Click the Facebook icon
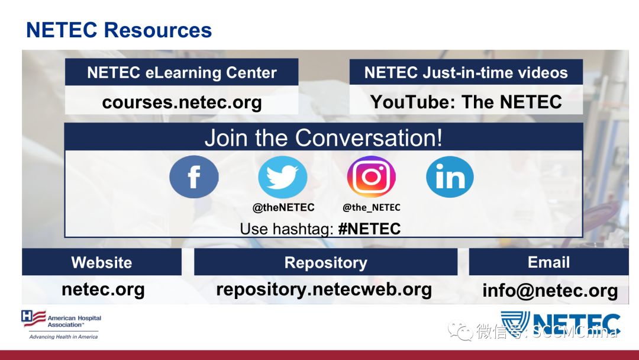194,177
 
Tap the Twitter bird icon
283,177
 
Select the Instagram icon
371,176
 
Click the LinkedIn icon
450,177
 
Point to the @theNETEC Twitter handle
283,207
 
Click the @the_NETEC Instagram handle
371,207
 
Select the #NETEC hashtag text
369,229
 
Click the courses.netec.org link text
182,102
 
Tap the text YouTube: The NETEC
466,101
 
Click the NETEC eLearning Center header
182,72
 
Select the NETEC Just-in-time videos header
466,72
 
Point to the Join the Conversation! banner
324,137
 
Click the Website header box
102,262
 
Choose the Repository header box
325,262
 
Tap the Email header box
548,262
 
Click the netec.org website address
103,290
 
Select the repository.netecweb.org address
324,290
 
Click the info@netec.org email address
550,291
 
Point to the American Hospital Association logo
61,324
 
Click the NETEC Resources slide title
119,30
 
